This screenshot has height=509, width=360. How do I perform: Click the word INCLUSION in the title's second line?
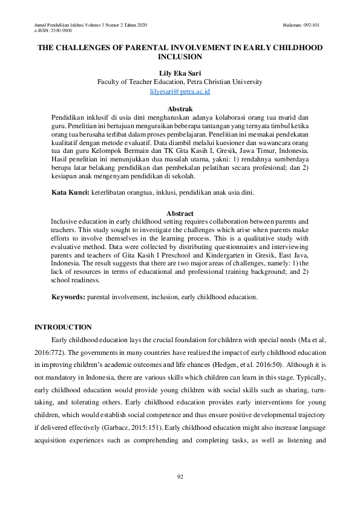[180, 57]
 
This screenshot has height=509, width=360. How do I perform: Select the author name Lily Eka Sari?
[180, 73]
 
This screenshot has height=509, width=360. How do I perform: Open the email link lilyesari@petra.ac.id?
[180, 91]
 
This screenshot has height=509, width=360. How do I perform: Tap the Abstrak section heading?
[180, 108]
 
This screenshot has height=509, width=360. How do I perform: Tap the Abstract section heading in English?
[180, 213]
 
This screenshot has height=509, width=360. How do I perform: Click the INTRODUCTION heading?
[63, 327]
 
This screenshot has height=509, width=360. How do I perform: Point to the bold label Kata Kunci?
[70, 192]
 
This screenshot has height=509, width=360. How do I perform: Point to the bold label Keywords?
[68, 297]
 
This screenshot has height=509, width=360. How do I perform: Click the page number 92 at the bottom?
[180, 477]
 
